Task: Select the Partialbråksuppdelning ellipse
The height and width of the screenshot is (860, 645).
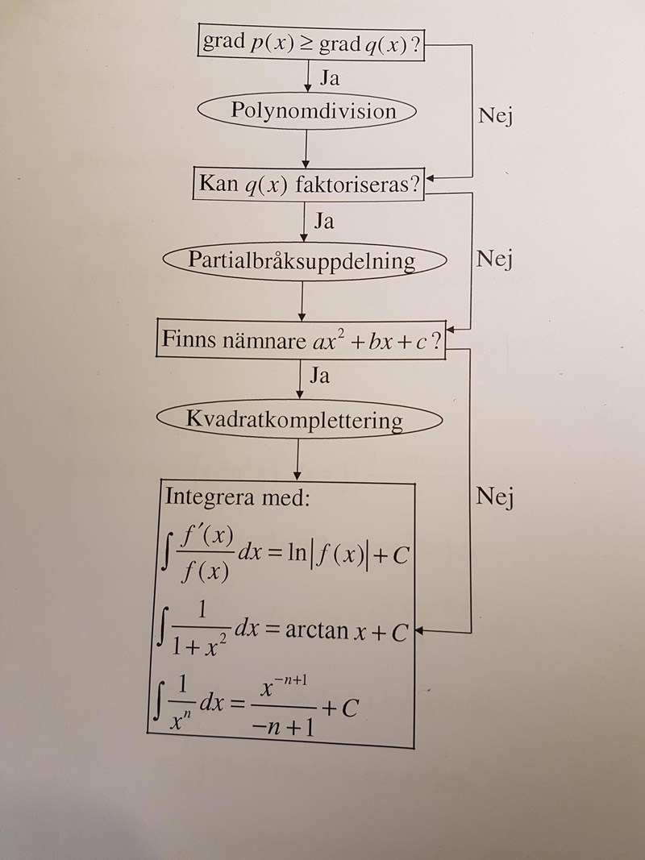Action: click(x=302, y=261)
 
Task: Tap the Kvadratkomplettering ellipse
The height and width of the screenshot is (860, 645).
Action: click(x=299, y=420)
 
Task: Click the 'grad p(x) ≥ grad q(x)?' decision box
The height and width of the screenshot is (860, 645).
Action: click(x=311, y=43)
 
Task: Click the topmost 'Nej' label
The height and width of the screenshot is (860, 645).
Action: click(x=494, y=116)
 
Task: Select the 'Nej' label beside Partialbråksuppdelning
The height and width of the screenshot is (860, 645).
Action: click(x=493, y=260)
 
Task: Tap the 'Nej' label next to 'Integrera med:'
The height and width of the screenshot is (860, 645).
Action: click(x=493, y=496)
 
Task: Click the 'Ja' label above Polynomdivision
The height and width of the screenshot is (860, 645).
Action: click(x=329, y=79)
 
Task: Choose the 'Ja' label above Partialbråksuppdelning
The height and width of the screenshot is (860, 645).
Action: click(x=323, y=220)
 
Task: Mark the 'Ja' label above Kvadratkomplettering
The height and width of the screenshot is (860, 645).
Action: click(x=319, y=376)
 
